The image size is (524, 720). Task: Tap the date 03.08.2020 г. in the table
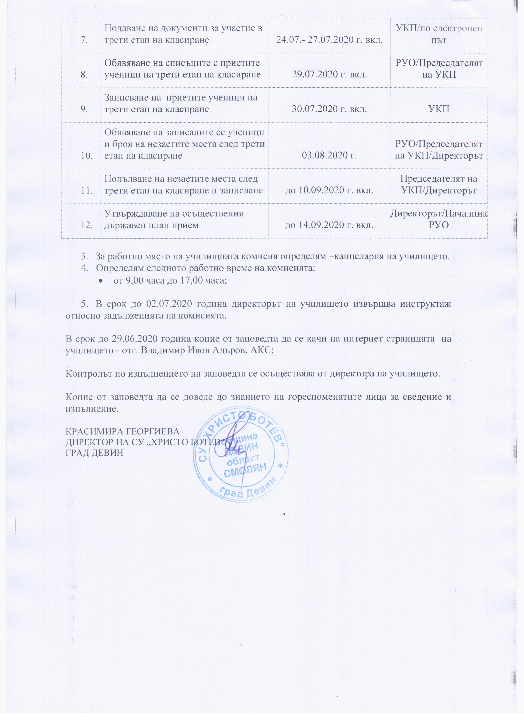pos(329,155)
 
